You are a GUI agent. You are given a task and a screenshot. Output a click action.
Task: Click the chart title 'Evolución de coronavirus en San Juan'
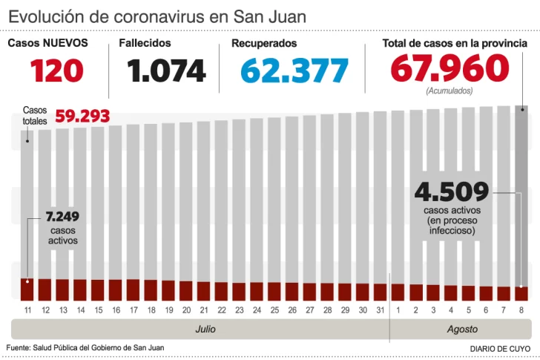[x=157, y=16]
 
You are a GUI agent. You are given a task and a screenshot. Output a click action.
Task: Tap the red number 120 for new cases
[x=56, y=71]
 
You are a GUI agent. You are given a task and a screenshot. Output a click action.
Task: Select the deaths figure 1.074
[x=166, y=71]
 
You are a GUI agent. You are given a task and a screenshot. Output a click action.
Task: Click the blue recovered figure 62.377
[x=294, y=71]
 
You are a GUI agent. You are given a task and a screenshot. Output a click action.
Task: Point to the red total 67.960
[x=450, y=70]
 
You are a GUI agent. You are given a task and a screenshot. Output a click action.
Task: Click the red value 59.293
[x=82, y=117]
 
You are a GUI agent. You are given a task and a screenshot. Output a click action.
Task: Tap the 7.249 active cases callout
[x=62, y=217]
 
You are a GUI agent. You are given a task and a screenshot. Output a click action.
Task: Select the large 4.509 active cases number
[x=452, y=192]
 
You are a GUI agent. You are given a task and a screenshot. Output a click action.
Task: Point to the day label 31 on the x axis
[x=380, y=310]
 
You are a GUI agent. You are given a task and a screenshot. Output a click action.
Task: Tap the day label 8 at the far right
[x=521, y=310]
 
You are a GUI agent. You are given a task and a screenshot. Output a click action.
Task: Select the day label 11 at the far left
[x=27, y=310]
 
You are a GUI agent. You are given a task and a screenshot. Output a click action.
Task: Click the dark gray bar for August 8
[x=521, y=193]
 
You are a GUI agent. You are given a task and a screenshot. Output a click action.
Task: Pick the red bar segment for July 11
[x=27, y=290]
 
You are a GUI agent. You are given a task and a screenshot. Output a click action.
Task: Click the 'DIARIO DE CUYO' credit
[x=500, y=348]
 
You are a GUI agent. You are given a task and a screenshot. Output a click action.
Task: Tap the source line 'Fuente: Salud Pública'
[x=85, y=347]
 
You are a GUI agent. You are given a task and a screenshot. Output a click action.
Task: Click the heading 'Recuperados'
[x=264, y=43]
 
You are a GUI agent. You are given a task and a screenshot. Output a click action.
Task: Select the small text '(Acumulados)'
[x=450, y=91]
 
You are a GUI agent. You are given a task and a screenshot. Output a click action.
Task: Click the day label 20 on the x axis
[x=185, y=310]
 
